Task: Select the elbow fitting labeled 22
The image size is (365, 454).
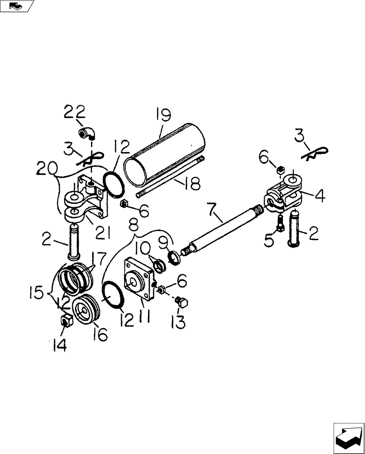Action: tap(86, 133)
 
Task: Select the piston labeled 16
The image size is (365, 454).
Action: tap(85, 311)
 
